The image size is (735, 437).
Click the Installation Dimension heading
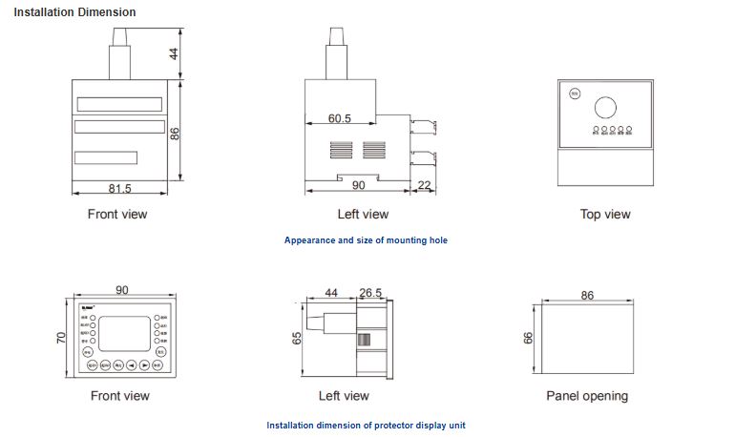[x=74, y=12]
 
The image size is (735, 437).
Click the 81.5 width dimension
[x=120, y=189]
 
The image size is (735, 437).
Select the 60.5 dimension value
[x=340, y=119]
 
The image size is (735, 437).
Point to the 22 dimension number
[x=426, y=185]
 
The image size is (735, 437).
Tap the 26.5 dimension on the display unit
[x=370, y=292]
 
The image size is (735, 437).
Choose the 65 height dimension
[x=297, y=340]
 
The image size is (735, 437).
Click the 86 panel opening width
[x=587, y=295]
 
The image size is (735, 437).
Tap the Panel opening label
[x=587, y=395]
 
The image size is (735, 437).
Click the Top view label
[x=605, y=215]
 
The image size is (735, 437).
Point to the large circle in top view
[x=606, y=106]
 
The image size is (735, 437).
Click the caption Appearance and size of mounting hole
[x=366, y=240]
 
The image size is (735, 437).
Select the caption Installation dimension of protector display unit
[x=366, y=426]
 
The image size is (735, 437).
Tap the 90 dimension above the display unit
[x=122, y=291]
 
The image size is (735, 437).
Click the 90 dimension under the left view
[x=359, y=185]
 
